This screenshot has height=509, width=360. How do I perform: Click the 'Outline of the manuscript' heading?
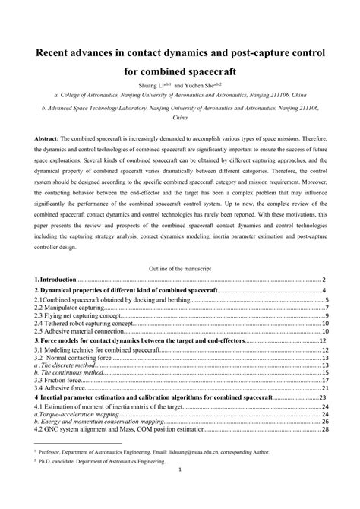click(180, 269)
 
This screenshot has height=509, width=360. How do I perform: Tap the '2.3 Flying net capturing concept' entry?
click(81, 315)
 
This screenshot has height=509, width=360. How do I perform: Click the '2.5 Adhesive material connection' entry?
click(80, 331)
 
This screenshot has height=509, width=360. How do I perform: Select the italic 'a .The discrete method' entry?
click(68, 365)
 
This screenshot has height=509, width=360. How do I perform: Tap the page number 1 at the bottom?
click(179, 490)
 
